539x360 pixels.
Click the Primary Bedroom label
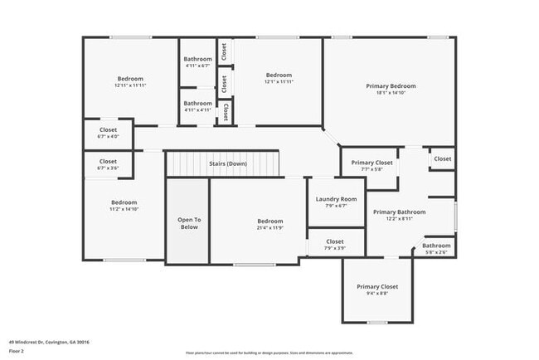click(x=391, y=85)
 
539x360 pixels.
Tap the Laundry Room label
click(x=337, y=199)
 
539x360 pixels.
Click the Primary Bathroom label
click(x=399, y=212)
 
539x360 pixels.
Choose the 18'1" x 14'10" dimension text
click(x=391, y=93)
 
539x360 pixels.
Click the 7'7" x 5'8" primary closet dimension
click(x=371, y=169)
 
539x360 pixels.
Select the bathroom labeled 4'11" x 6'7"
click(x=197, y=66)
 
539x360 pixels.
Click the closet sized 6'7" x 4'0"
click(x=108, y=137)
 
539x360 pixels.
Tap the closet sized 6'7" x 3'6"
click(x=108, y=168)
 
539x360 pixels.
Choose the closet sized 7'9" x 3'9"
click(x=335, y=249)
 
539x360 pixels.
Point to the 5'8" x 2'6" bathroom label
click(x=437, y=252)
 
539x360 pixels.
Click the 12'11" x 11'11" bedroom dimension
click(x=130, y=85)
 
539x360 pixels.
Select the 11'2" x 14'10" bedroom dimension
click(x=124, y=210)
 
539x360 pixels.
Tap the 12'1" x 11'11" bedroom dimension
click(x=279, y=81)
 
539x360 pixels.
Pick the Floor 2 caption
click(x=17, y=352)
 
